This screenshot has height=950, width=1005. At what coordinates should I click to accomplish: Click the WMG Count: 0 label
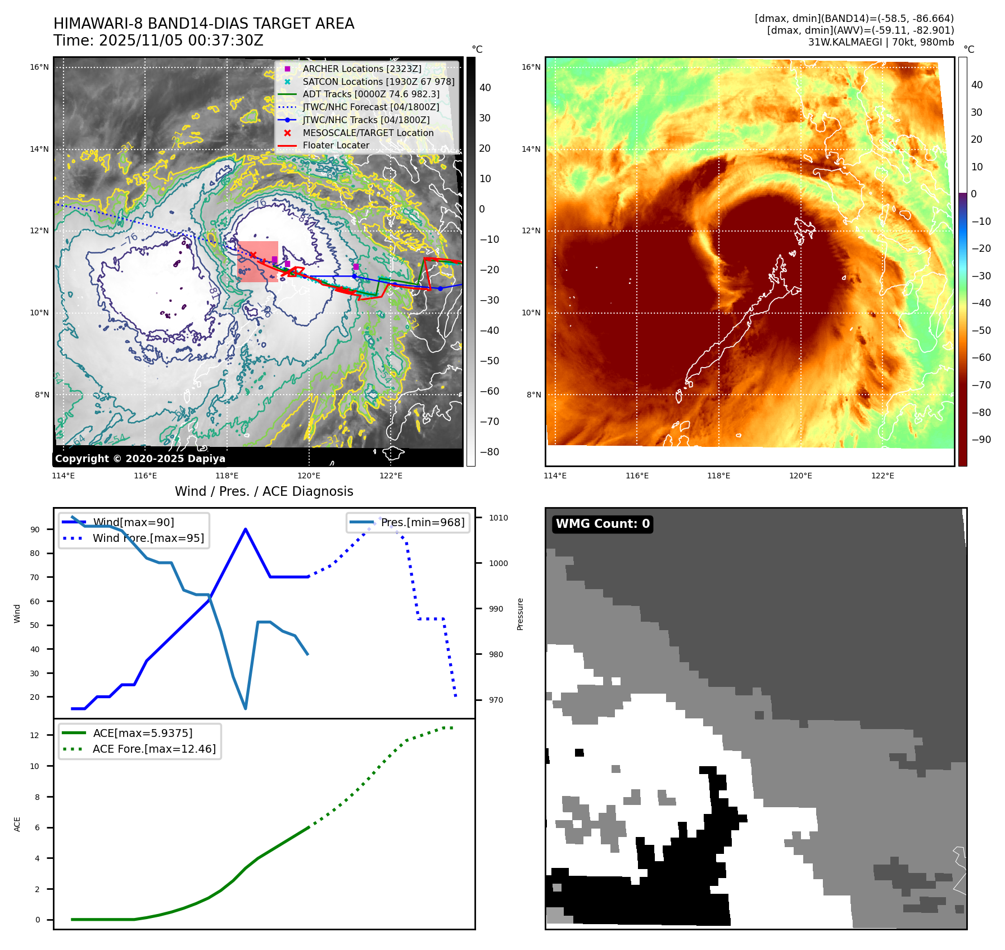click(603, 524)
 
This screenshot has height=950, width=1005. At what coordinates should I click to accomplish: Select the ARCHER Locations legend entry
click(361, 69)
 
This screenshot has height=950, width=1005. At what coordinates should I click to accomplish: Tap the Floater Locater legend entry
click(336, 145)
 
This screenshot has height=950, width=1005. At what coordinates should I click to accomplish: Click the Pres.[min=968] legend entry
click(422, 522)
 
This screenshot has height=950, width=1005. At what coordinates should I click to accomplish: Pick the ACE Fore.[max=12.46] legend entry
click(153, 749)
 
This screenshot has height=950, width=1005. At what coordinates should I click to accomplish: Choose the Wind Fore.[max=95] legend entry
click(148, 538)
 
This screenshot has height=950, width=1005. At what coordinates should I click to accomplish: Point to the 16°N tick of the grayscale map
click(39, 67)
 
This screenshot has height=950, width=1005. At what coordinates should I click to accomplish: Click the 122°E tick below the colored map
click(882, 476)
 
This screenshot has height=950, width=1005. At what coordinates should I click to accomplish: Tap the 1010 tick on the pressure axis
click(498, 518)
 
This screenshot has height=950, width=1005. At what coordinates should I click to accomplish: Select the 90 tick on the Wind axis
click(35, 530)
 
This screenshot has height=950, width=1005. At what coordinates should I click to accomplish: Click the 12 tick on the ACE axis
click(35, 735)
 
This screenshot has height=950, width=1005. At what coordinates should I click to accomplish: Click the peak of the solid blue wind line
click(246, 529)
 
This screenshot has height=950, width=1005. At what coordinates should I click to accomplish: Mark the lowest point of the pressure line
click(246, 708)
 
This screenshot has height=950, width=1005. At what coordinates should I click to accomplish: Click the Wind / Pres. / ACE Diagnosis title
click(264, 491)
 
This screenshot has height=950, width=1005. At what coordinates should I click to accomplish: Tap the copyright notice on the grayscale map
click(140, 459)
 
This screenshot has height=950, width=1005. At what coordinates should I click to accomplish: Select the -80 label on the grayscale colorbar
click(489, 452)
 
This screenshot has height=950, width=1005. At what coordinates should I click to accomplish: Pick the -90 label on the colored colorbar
click(981, 440)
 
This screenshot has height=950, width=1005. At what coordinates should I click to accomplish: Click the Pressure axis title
click(520, 614)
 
